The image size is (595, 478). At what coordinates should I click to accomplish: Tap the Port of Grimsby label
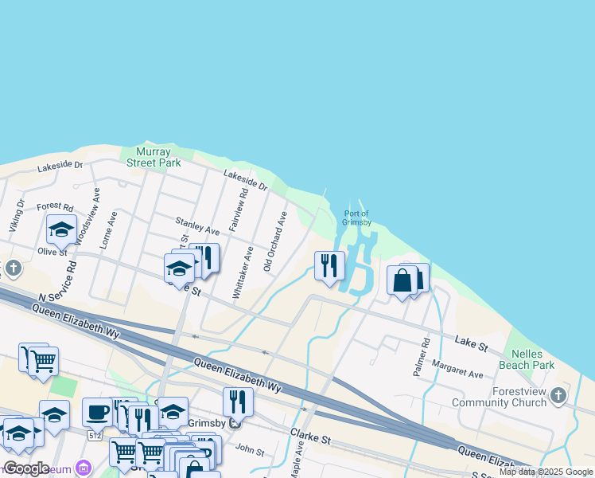[357, 217]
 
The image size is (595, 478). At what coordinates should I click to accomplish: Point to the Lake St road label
[471, 343]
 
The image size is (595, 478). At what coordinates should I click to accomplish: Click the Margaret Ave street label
[457, 369]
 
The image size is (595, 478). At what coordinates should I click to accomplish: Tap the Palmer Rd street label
[425, 351]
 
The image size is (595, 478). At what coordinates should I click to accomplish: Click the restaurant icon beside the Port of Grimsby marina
[329, 265]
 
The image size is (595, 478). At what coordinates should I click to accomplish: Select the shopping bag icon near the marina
[402, 280]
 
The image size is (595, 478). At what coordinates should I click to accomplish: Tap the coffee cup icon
[97, 412]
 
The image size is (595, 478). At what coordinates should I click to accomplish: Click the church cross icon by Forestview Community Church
[559, 395]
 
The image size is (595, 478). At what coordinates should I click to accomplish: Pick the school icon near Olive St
[61, 229]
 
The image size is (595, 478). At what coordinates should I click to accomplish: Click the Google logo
[26, 468]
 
